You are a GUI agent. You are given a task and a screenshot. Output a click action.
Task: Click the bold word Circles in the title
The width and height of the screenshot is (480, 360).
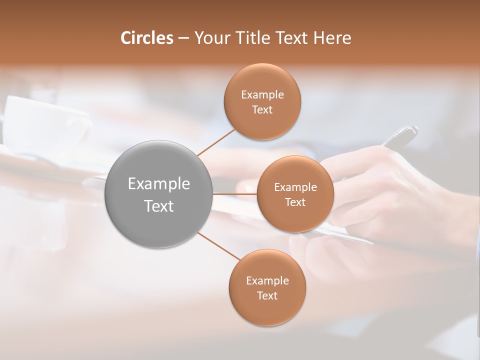point(147,38)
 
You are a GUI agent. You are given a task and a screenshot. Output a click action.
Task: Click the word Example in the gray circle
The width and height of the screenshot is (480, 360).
point(159,184)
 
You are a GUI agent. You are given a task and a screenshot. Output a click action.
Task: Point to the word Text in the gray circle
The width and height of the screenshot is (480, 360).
point(159,206)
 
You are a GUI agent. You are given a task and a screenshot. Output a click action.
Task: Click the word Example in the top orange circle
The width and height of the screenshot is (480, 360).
point(262,95)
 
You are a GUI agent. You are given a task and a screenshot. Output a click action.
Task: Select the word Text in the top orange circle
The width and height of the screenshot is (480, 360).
point(262,110)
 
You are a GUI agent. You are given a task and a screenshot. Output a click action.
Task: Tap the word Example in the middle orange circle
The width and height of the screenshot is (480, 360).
point(295,187)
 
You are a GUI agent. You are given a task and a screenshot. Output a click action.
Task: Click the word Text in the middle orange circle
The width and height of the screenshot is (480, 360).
point(295,202)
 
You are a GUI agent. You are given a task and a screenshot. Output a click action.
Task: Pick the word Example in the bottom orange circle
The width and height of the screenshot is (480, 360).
point(267,281)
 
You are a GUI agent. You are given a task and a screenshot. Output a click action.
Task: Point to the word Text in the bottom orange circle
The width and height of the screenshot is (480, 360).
point(267,296)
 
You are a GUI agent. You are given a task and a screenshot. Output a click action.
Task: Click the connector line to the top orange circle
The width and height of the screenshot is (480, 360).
point(216,142)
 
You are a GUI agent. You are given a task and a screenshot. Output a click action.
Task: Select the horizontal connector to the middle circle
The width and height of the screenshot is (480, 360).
point(235,194)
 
